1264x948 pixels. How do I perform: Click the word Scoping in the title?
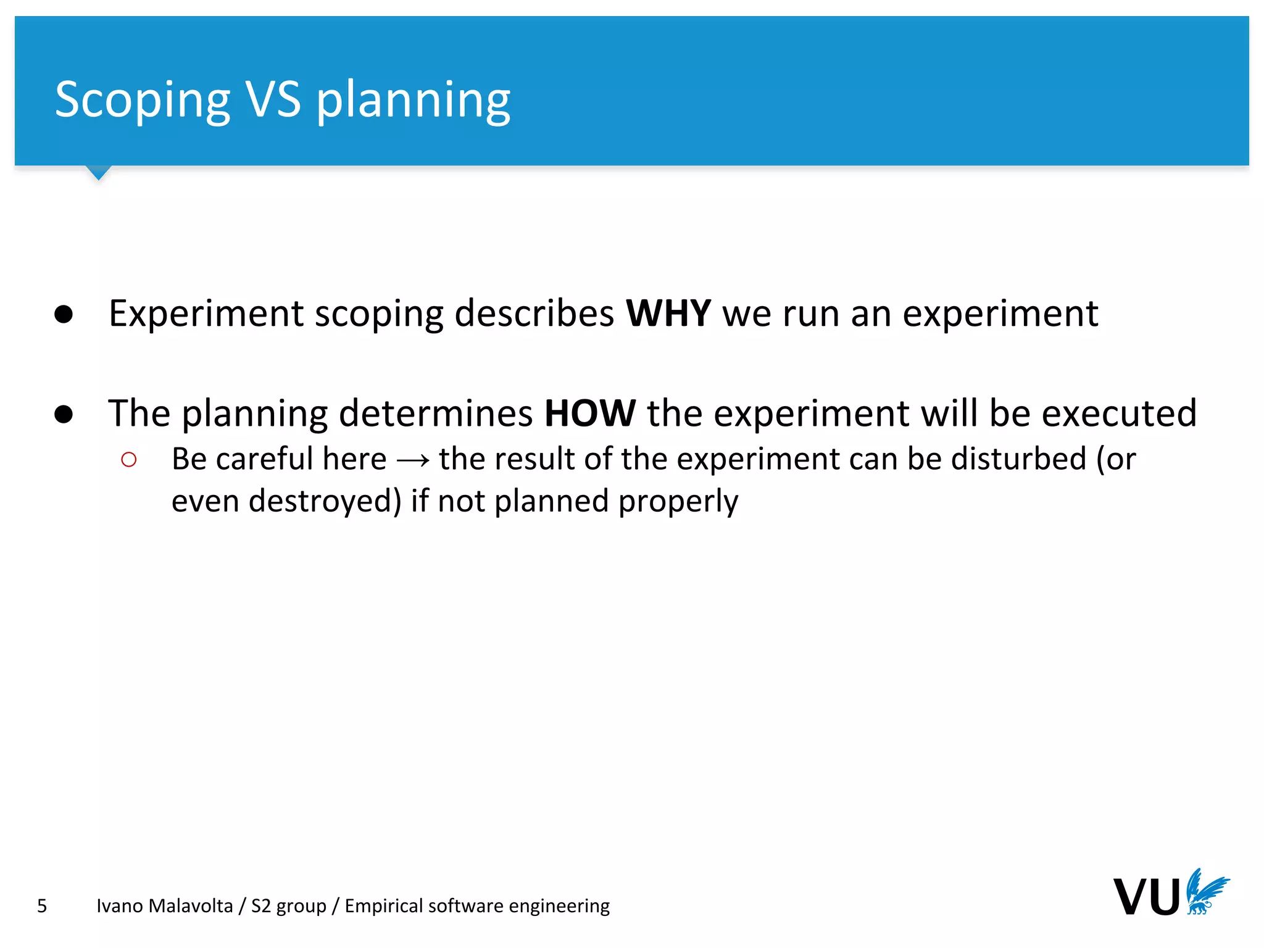click(x=143, y=100)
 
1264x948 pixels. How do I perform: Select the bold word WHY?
click(x=668, y=313)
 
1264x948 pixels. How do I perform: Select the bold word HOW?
click(x=589, y=413)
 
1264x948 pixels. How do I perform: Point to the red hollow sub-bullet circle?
click(x=129, y=460)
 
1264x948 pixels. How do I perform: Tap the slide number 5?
click(x=42, y=905)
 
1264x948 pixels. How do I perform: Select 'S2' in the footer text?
click(x=260, y=905)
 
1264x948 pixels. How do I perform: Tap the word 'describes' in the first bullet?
click(x=534, y=313)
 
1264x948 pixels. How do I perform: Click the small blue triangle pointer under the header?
click(x=98, y=172)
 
